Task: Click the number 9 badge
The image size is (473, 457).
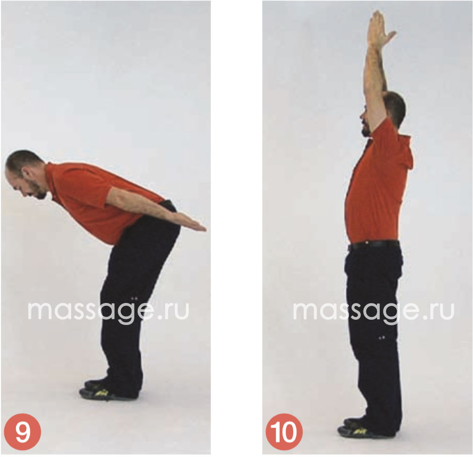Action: (x=22, y=432)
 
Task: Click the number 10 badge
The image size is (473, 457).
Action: (x=284, y=432)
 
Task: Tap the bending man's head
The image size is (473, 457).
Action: (x=26, y=174)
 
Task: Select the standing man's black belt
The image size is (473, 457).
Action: (x=373, y=245)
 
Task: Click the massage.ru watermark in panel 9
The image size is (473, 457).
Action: (x=108, y=311)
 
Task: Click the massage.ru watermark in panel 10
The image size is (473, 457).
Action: (x=373, y=311)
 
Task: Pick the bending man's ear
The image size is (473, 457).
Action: (x=27, y=174)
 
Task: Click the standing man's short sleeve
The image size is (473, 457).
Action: (x=384, y=133)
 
